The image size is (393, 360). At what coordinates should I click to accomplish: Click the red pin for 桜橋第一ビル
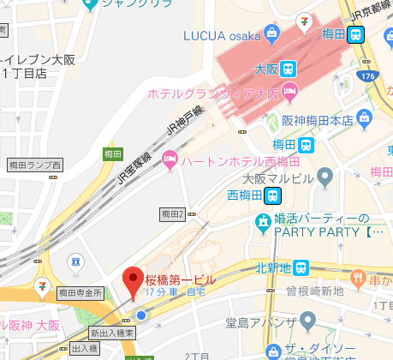(133, 280)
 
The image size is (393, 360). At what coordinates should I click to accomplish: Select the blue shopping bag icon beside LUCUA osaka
(271, 35)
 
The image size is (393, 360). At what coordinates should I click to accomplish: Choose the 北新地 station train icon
(300, 268)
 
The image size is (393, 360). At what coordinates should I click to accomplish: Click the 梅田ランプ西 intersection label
(34, 164)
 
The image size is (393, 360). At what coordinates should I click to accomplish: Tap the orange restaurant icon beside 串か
(359, 277)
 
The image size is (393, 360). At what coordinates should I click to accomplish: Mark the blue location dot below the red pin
(141, 315)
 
